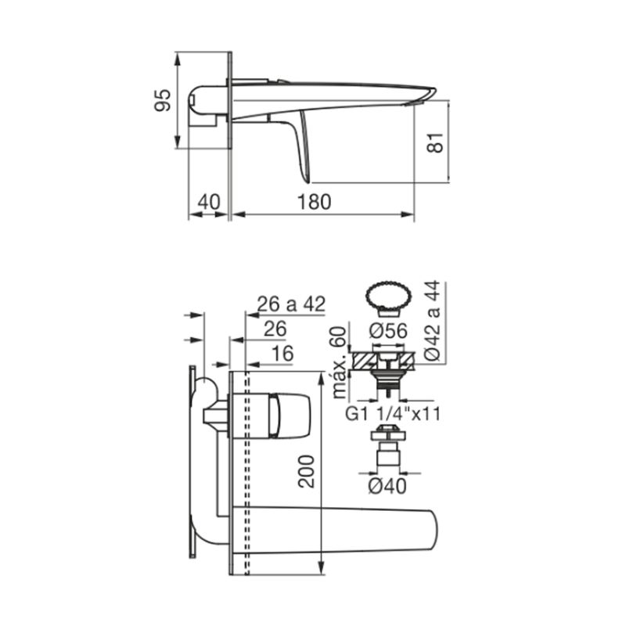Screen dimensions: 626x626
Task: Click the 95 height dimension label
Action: click(163, 100)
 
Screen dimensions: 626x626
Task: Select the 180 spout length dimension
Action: click(315, 202)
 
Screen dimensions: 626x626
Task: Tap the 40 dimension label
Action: click(209, 202)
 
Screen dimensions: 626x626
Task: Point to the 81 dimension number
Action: click(435, 142)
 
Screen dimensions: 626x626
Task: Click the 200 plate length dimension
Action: click(307, 471)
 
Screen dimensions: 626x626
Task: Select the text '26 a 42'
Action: click(291, 304)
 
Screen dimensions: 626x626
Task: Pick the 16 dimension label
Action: click(282, 354)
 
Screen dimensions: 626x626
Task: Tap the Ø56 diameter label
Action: click(388, 331)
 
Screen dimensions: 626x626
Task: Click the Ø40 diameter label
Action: click(387, 486)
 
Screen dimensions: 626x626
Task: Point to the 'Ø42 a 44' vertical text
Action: click(432, 321)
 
